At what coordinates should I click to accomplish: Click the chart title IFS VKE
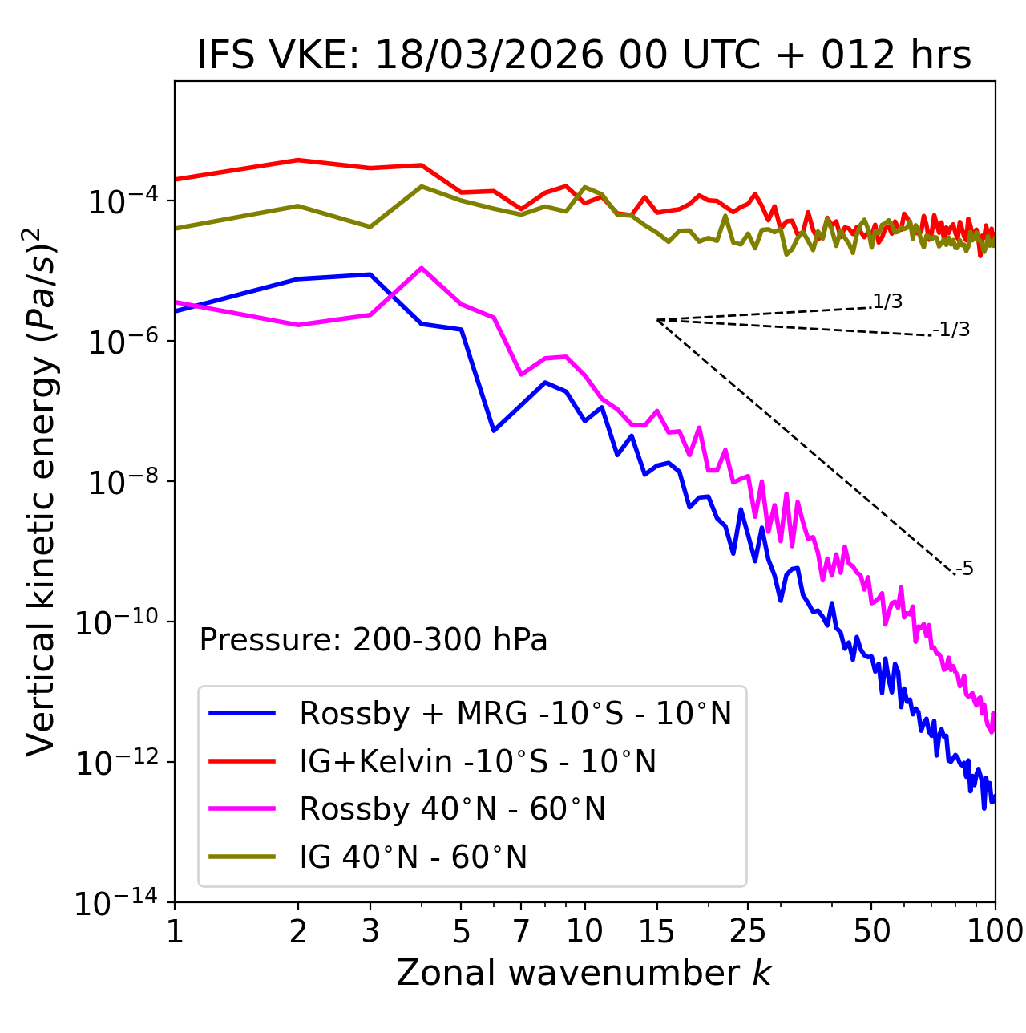coord(584,56)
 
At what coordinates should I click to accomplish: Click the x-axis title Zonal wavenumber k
coord(584,973)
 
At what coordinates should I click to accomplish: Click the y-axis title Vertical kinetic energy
coord(42,491)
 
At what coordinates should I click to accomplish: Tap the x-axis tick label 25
coord(748,931)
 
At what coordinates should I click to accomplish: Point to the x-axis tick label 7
coord(521,931)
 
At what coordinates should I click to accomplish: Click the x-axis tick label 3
coord(370,931)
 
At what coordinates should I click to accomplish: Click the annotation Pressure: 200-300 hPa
coord(374,640)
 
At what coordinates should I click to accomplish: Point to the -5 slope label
coord(965,569)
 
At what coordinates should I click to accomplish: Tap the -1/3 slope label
coord(952,330)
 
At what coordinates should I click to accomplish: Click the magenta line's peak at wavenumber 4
coord(422,268)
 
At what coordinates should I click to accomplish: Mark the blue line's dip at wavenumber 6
coord(494,431)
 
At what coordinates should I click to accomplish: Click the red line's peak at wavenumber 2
coord(298,160)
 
